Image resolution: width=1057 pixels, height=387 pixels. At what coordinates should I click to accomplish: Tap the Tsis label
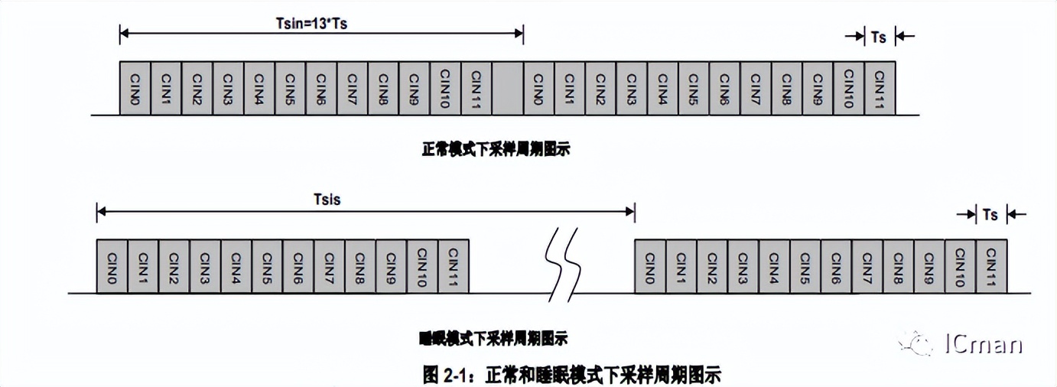(327, 200)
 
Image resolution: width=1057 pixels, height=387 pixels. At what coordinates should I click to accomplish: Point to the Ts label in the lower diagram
(990, 215)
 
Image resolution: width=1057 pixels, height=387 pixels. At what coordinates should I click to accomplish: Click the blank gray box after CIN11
(507, 88)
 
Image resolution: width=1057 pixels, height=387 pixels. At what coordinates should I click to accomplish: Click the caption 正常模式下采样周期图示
(496, 151)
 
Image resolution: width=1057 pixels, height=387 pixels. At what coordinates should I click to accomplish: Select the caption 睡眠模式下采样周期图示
(494, 337)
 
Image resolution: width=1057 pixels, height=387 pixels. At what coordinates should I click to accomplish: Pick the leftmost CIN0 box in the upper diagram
(135, 88)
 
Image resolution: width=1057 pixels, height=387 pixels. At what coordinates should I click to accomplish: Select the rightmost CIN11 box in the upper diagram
(880, 88)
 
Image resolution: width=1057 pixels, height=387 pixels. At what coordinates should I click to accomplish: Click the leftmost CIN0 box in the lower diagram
(112, 265)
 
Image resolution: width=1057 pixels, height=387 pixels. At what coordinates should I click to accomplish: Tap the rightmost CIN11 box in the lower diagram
(991, 265)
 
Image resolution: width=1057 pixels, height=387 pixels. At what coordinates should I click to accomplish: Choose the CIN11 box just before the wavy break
(453, 265)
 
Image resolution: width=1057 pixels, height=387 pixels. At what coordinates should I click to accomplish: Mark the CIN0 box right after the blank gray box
(538, 88)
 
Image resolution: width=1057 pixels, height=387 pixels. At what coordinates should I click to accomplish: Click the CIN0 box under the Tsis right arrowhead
(650, 265)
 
